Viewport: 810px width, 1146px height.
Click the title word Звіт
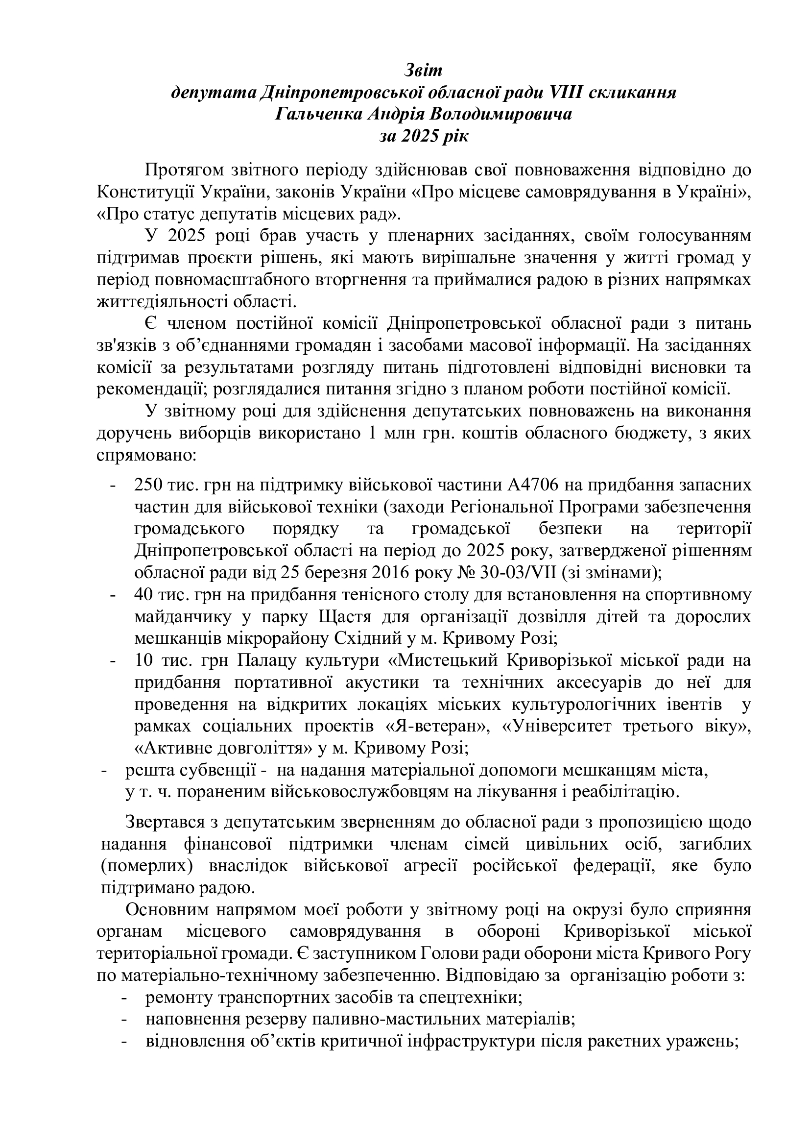click(x=423, y=71)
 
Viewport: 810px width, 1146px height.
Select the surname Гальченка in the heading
click(x=318, y=115)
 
